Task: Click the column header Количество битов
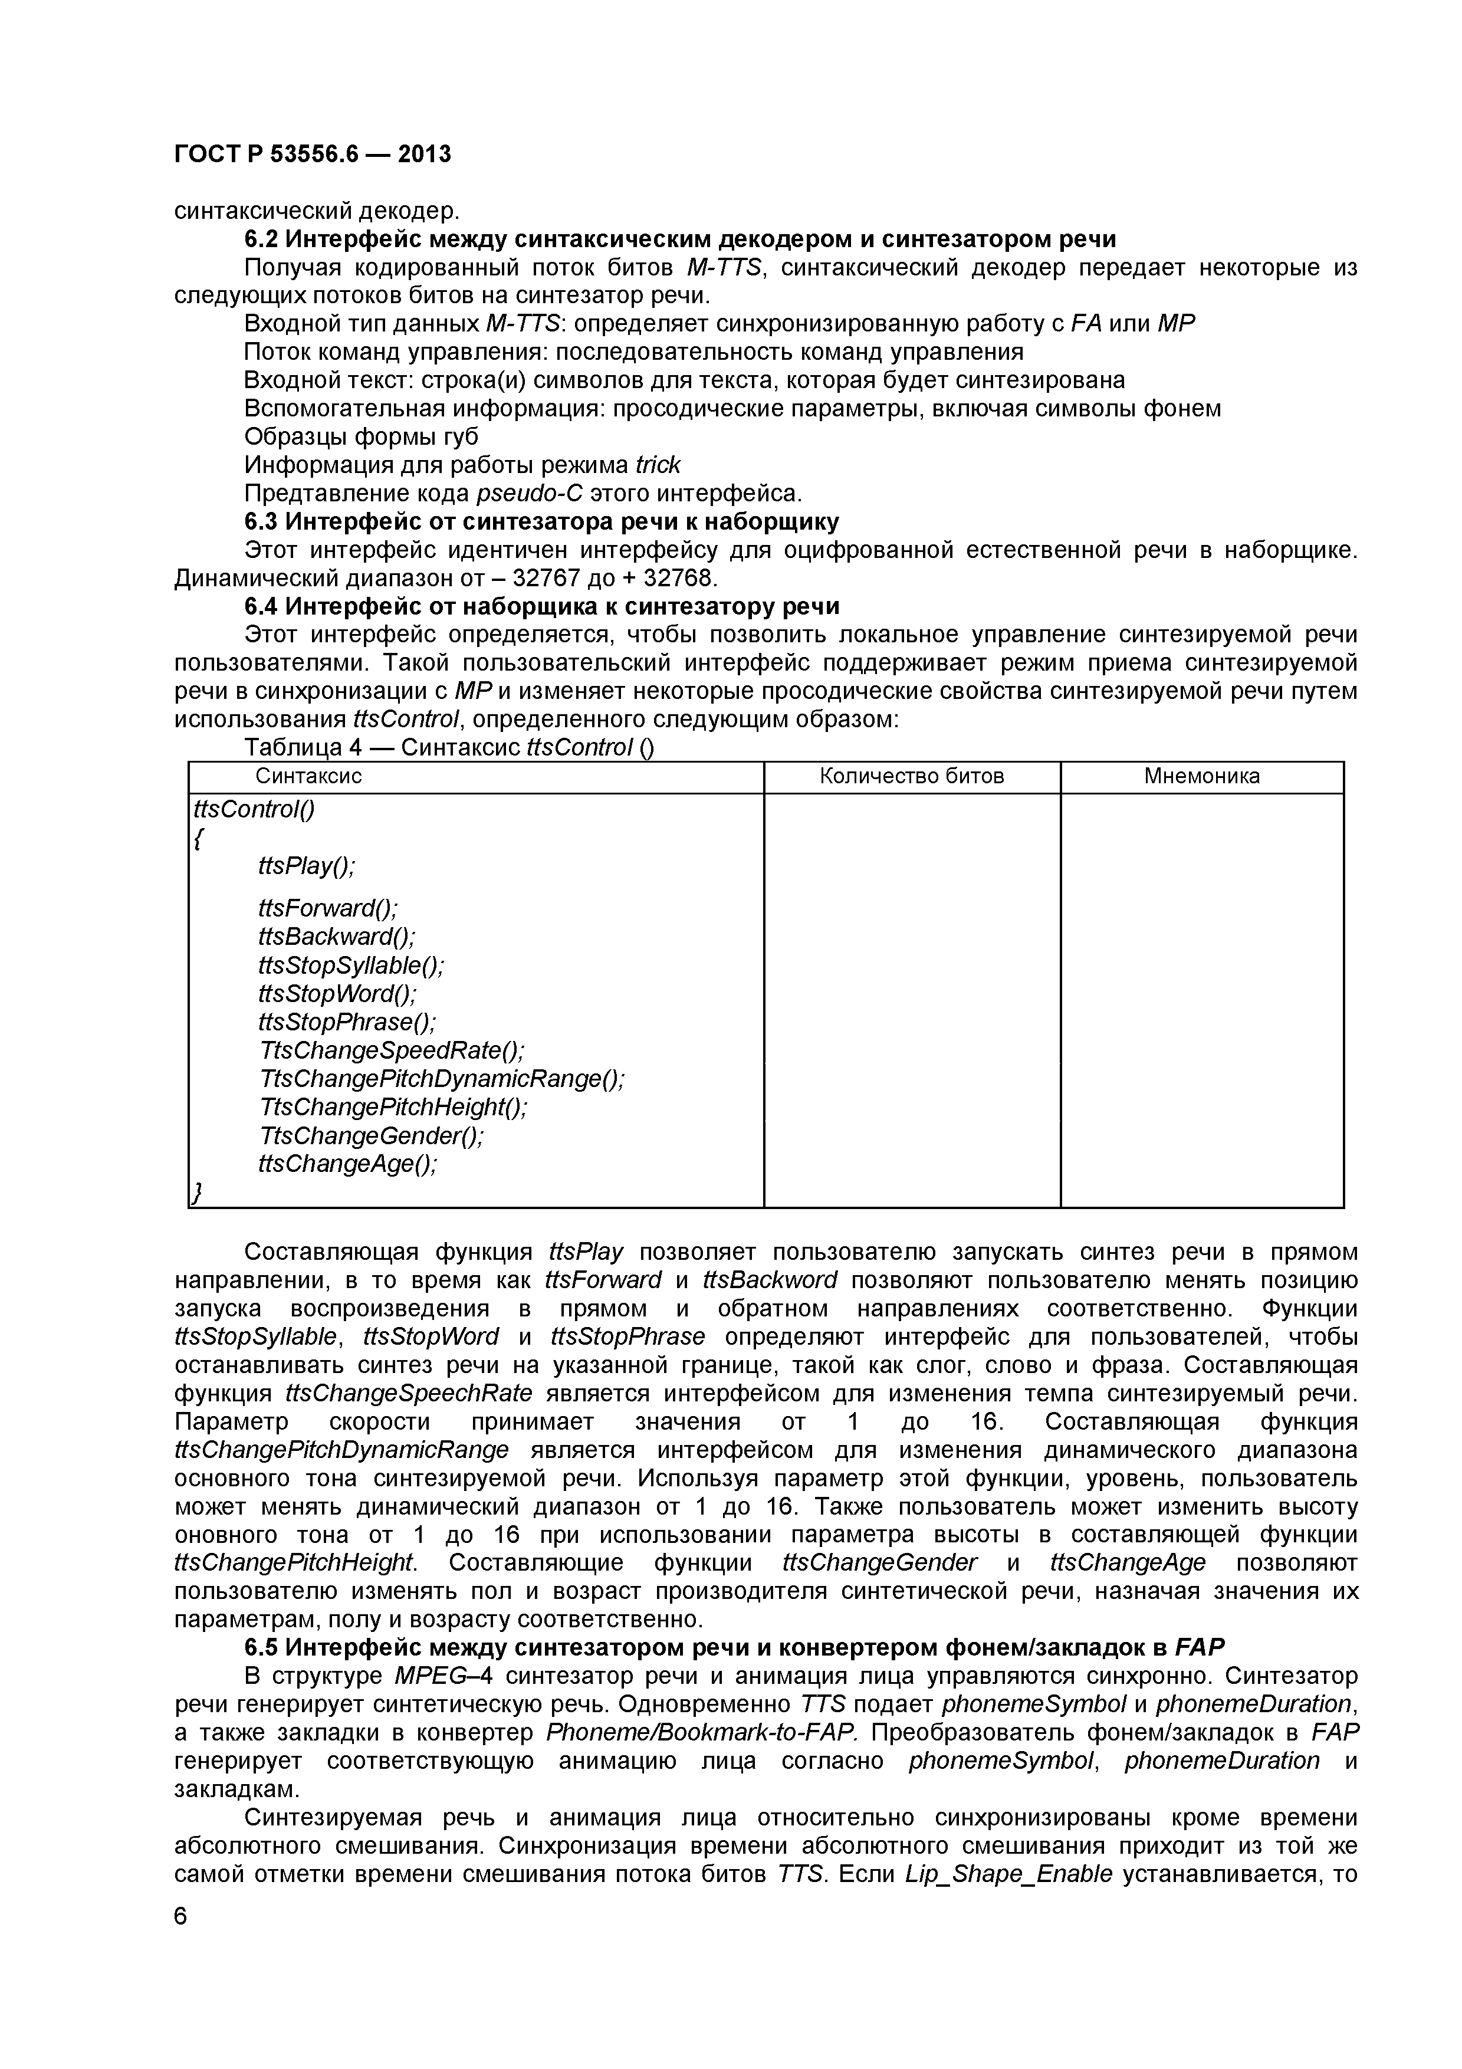912,777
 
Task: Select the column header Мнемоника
1202,777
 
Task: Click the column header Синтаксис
309,777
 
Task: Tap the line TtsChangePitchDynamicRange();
441,1079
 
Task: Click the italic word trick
658,465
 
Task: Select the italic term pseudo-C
530,494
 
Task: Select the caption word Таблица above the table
293,748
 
